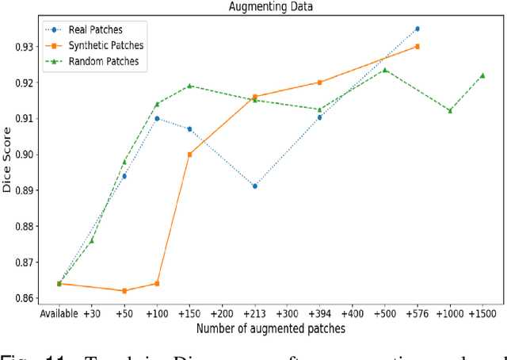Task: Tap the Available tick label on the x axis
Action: (x=59, y=313)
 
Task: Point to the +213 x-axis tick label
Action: (x=254, y=313)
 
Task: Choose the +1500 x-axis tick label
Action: (x=482, y=313)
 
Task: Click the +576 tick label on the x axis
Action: (x=417, y=313)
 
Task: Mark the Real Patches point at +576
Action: (x=417, y=29)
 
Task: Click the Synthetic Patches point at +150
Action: (x=189, y=155)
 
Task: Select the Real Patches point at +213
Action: (x=254, y=186)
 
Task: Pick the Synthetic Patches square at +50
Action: (x=124, y=291)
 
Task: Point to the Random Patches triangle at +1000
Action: (x=450, y=110)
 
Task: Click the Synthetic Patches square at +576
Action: (x=417, y=47)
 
